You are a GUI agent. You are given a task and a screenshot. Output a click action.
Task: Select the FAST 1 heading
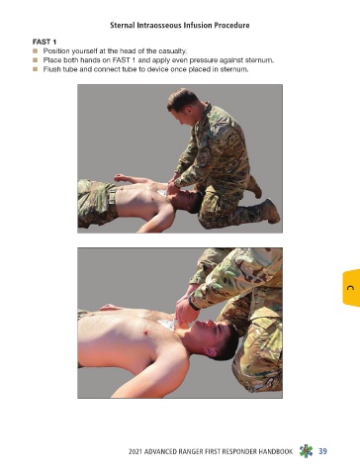coord(45,42)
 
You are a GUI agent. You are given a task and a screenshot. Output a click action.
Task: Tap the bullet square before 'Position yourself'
coord(36,51)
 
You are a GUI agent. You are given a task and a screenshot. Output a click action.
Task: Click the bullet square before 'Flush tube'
coord(36,69)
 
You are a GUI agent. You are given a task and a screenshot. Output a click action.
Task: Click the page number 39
coord(322,451)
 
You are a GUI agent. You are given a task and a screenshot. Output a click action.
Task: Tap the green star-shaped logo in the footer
coord(306,451)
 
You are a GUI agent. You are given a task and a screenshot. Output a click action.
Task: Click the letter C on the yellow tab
coord(350,288)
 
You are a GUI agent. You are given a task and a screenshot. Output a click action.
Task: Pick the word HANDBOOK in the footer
coord(275,451)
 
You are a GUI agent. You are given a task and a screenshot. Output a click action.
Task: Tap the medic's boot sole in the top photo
coord(274,212)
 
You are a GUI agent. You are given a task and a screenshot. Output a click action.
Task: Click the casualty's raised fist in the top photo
coord(120,178)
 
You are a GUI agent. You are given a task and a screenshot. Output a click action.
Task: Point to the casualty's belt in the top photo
coord(113,202)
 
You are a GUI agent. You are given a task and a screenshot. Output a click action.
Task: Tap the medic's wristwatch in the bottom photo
coord(193,304)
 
